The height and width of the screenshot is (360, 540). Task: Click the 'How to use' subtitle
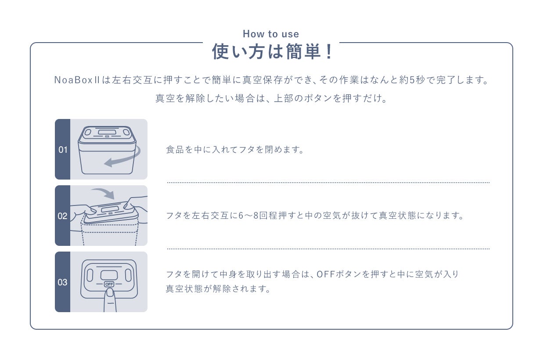tap(271, 34)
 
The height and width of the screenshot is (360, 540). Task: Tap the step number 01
tap(63, 150)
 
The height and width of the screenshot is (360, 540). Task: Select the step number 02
tap(63, 216)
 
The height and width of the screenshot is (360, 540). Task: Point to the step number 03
tap(63, 282)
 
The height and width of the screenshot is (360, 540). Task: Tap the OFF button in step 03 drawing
tap(109, 284)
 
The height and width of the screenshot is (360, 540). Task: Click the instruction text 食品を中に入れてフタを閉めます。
tap(235, 150)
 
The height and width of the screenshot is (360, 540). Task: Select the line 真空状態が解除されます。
tap(218, 289)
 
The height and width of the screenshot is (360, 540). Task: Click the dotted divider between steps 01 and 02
tap(328, 182)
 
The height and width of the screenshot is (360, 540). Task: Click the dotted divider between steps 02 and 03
tap(328, 248)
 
